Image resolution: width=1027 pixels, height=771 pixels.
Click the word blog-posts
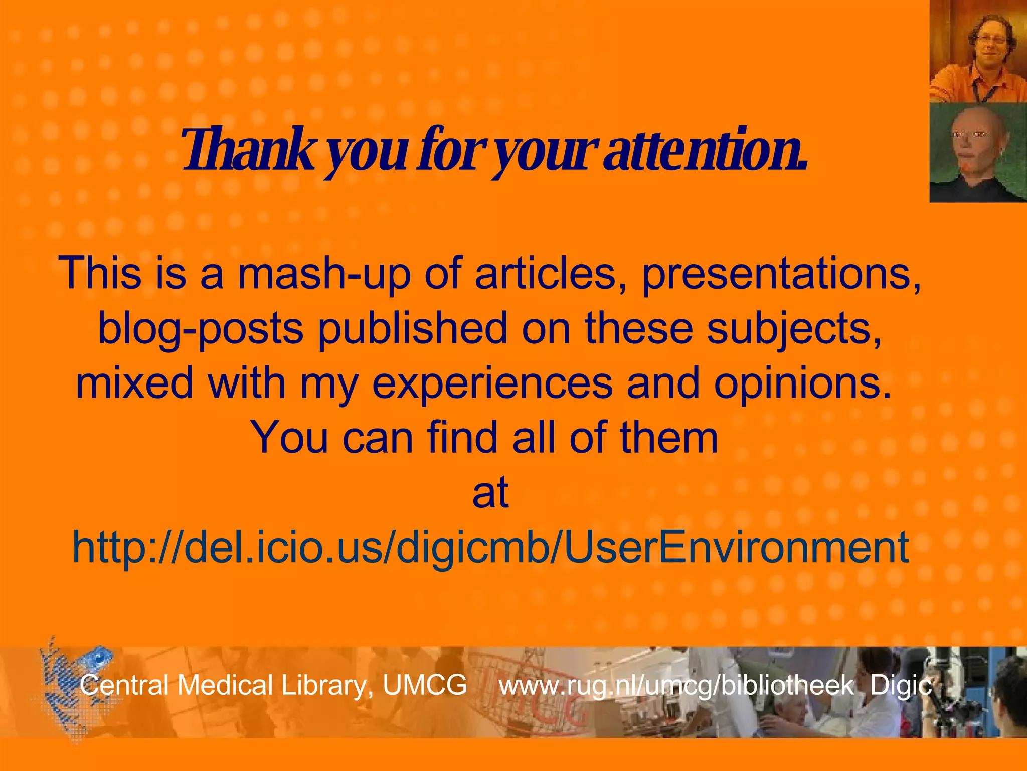(201, 328)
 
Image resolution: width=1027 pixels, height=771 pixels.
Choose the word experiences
(492, 383)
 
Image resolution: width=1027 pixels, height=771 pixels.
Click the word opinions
(803, 383)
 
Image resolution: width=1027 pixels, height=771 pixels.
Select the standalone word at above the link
(490, 493)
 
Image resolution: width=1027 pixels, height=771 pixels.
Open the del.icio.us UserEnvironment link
(490, 547)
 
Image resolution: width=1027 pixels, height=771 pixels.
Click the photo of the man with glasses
(978, 51)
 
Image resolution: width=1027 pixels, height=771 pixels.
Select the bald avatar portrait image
(978, 153)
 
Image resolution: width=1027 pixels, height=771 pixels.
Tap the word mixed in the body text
(134, 383)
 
